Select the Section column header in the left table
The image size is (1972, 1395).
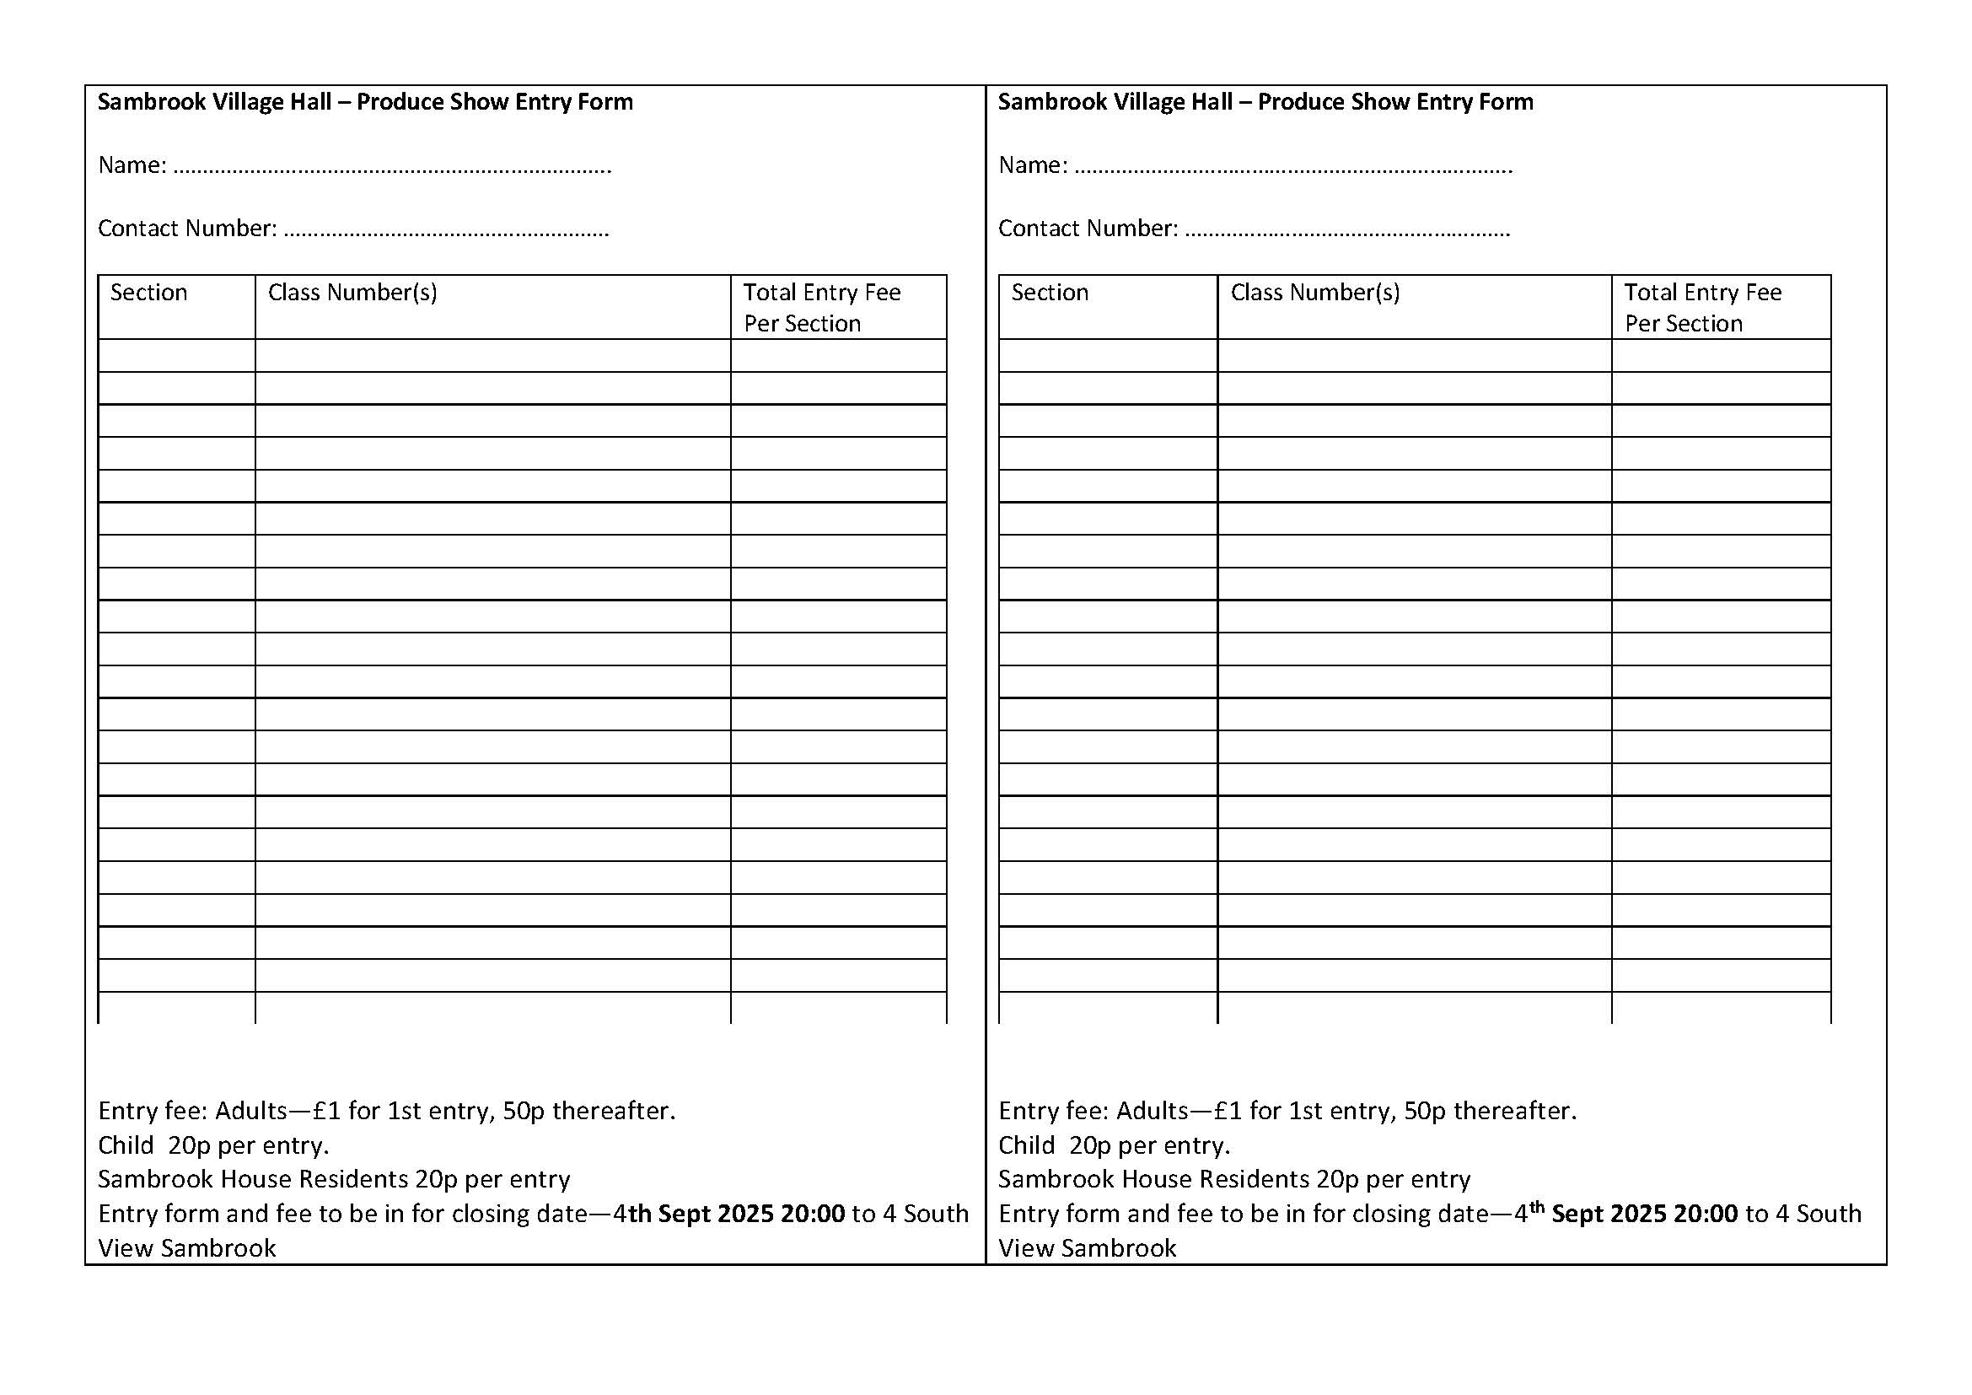pos(148,293)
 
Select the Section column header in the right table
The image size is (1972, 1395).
pos(1050,293)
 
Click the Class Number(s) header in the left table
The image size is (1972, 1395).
pos(352,293)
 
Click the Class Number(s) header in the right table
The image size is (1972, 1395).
pos(1315,293)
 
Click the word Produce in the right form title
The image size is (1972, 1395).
pos(1300,102)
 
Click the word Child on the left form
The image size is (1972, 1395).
pos(126,1146)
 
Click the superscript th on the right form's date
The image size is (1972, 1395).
pos(1537,1207)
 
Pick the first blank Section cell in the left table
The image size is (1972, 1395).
pos(176,356)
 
